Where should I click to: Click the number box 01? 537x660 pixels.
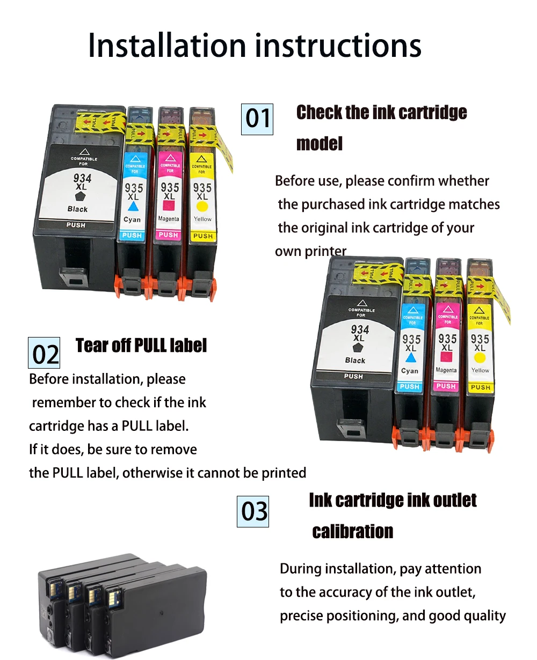point(257,119)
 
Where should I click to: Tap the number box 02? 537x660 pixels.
point(44,353)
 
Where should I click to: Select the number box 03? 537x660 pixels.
point(253,511)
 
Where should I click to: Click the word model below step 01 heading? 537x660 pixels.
point(320,144)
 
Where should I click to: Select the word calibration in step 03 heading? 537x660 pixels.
point(353,532)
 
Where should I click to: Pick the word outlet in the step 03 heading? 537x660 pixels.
point(455,501)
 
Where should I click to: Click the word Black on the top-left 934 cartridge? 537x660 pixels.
point(78,209)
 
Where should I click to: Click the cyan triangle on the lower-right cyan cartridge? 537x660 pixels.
point(411,357)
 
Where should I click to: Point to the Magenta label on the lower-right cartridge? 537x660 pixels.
point(446,370)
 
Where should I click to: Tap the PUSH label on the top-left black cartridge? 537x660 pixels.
point(76,225)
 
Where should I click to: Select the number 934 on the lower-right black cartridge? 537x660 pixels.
point(360,329)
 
